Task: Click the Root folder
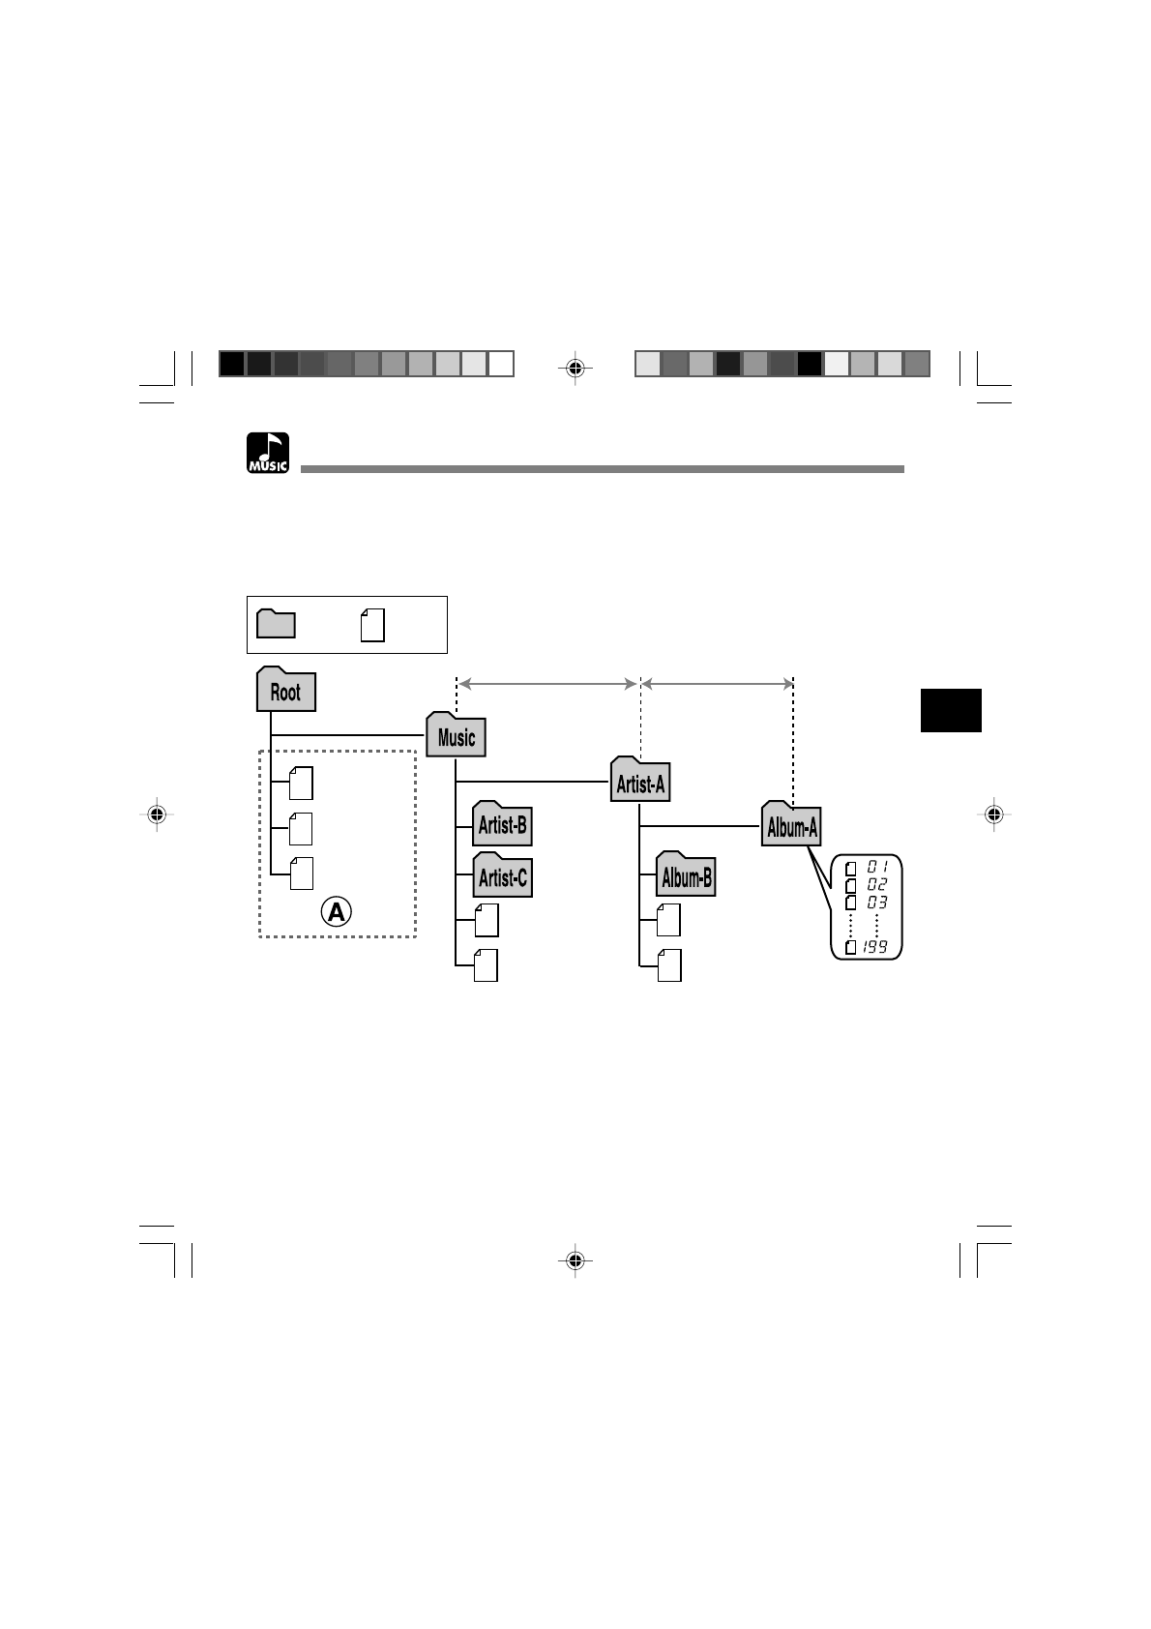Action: (x=285, y=689)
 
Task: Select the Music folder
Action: (x=456, y=734)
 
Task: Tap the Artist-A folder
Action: (x=640, y=780)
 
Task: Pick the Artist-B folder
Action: (x=502, y=823)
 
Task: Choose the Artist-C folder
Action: (x=502, y=874)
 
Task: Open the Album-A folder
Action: (x=791, y=824)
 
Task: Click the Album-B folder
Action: (x=686, y=874)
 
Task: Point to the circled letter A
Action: (x=337, y=911)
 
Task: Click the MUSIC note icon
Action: (x=268, y=453)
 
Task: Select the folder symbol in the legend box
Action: (x=277, y=624)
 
